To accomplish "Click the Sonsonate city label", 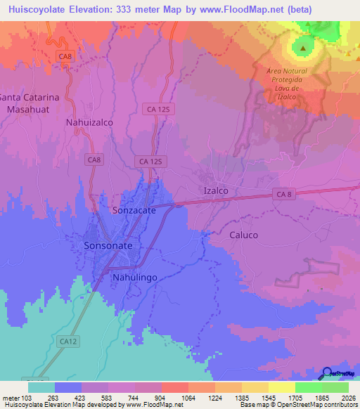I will click(x=108, y=246).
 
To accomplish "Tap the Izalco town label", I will click(x=216, y=190).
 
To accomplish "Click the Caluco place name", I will click(x=243, y=235).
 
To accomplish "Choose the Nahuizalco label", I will click(x=89, y=122).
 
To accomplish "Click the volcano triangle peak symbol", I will click(x=303, y=48).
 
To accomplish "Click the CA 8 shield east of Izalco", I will click(x=283, y=194).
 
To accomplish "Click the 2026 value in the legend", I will click(x=348, y=396).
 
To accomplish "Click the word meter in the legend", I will click(x=10, y=396).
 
